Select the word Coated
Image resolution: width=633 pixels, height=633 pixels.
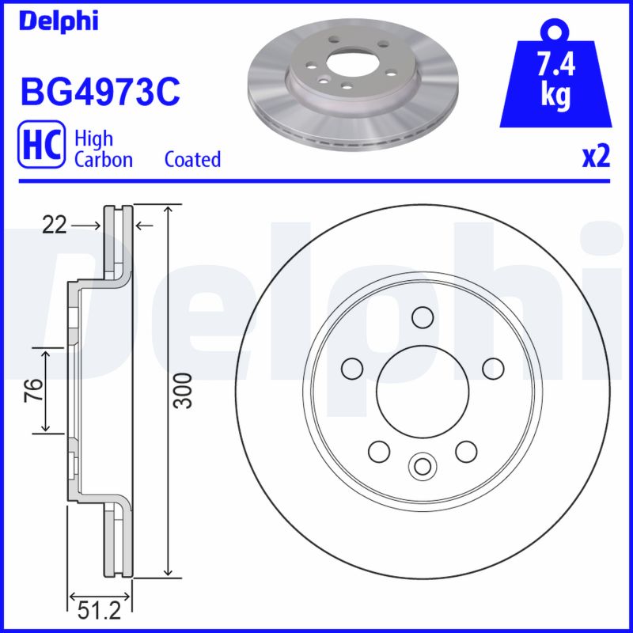point(192,159)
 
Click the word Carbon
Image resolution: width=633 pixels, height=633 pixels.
point(103,159)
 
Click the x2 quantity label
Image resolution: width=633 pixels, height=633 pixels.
point(596,157)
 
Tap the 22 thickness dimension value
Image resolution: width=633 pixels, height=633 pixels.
point(55,226)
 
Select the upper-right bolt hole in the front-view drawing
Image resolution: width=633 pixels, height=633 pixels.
point(492,367)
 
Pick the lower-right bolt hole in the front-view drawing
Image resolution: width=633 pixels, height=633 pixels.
point(465,450)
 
